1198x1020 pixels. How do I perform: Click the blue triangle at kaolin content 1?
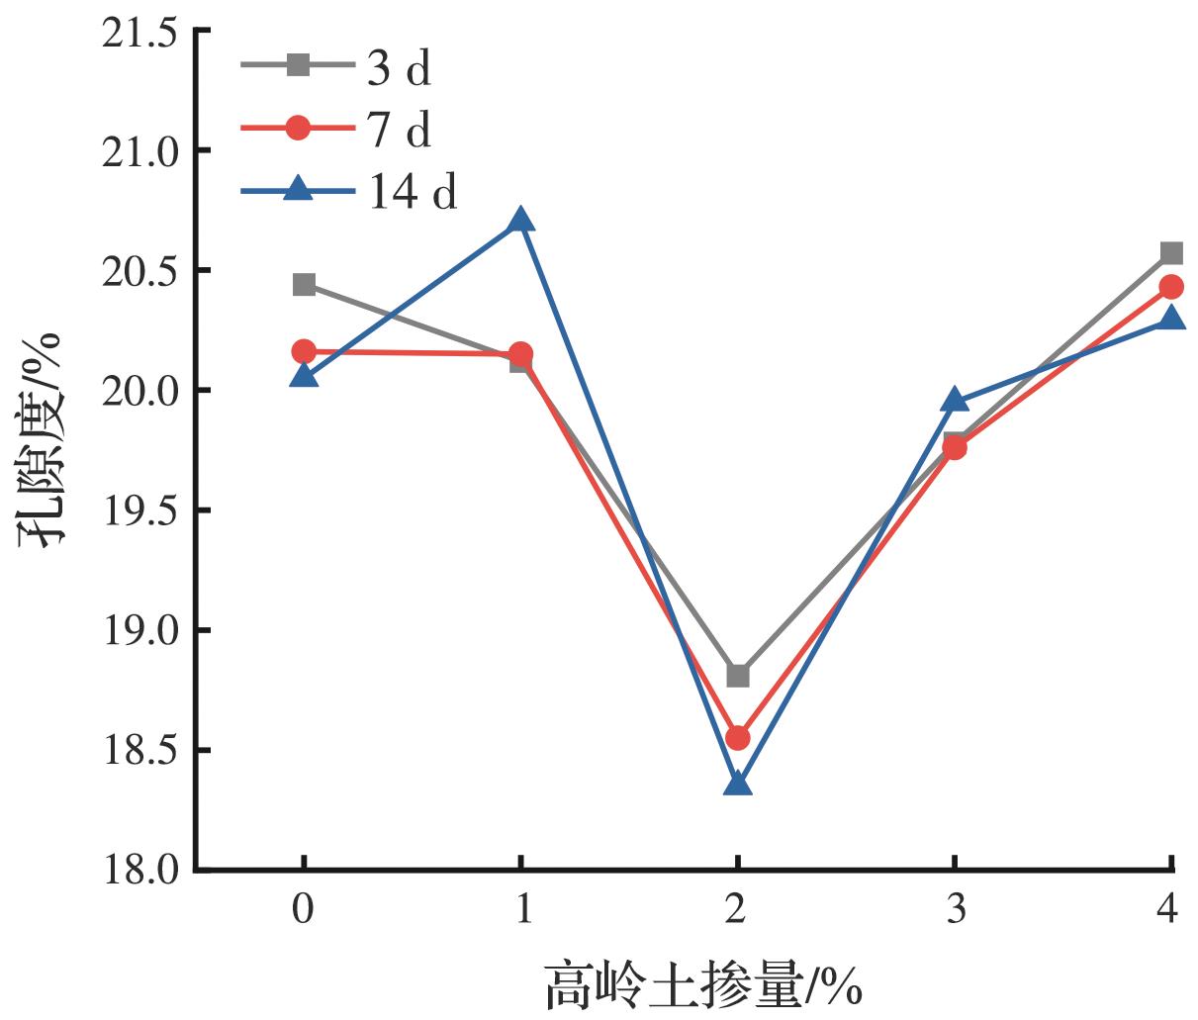pos(521,220)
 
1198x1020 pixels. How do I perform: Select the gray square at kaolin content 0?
pos(304,285)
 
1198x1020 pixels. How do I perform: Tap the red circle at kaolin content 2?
pos(737,738)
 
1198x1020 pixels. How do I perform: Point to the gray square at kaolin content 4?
pos(1171,253)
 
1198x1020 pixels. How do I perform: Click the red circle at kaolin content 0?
pos(304,351)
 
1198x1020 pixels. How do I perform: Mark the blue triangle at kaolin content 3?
pos(955,401)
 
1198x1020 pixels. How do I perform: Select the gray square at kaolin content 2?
pos(737,676)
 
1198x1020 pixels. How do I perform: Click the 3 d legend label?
pos(400,69)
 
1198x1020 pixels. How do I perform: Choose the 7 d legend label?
pos(400,130)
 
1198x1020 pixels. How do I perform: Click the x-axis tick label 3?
pos(955,909)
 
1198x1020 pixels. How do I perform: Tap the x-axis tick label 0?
pos(304,909)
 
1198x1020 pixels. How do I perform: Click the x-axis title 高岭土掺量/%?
pos(703,985)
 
